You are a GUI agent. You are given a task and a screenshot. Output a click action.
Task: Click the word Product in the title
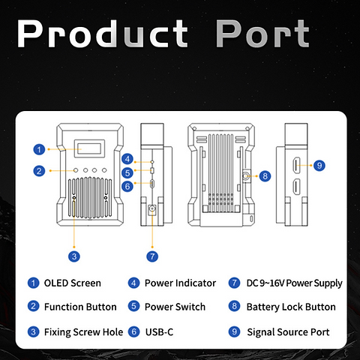[102, 34]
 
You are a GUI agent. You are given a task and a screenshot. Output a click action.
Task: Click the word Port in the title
[262, 34]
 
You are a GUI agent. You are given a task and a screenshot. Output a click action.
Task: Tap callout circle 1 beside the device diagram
[39, 149]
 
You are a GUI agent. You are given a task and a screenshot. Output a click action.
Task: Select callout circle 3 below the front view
[74, 256]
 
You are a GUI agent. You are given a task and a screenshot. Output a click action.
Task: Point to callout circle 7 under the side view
[152, 256]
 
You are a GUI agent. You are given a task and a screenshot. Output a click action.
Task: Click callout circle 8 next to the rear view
[265, 176]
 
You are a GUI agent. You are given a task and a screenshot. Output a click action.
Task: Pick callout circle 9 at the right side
[319, 165]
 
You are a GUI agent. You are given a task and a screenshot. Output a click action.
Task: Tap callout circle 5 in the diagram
[127, 172]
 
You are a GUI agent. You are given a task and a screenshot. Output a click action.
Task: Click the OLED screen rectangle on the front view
[89, 148]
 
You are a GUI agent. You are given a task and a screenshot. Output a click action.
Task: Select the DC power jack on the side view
[152, 208]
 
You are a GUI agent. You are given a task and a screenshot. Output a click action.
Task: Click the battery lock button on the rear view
[245, 176]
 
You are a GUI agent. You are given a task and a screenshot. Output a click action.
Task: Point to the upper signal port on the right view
[296, 165]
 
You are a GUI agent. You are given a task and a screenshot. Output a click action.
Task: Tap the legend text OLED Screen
[73, 283]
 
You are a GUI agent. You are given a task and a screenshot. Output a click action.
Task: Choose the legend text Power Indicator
[180, 283]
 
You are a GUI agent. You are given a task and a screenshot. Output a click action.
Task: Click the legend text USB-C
[159, 332]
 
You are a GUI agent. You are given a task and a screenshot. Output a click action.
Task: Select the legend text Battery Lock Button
[291, 307]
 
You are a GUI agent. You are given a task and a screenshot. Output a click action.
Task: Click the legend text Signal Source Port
[288, 332]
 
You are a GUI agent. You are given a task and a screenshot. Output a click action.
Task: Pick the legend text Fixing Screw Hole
[83, 332]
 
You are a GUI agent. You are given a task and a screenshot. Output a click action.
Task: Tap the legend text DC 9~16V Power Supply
[294, 283]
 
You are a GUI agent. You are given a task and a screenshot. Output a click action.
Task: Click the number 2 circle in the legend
[33, 306]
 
